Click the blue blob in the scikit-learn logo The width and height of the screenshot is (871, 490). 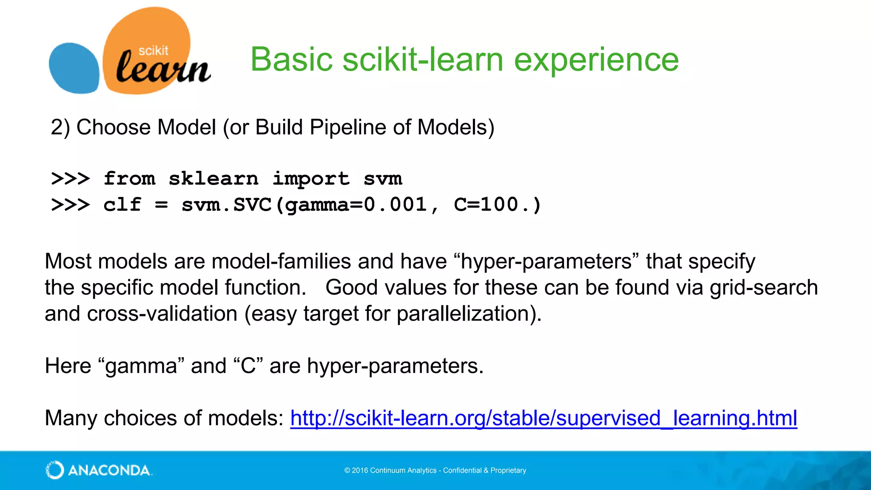click(x=74, y=68)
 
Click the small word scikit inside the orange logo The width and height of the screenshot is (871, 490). click(x=153, y=51)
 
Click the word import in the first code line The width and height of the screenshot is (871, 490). click(x=311, y=179)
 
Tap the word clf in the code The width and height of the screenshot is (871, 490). click(x=122, y=205)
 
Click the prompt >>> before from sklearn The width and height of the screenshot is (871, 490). click(x=71, y=179)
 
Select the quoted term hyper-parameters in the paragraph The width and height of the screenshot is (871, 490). click(x=546, y=261)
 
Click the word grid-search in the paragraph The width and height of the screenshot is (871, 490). click(x=763, y=288)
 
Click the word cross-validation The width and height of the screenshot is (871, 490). click(x=162, y=314)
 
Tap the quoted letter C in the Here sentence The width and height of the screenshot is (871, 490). click(x=248, y=366)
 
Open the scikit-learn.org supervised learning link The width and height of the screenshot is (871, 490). click(x=544, y=418)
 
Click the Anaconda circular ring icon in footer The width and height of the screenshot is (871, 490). click(x=55, y=470)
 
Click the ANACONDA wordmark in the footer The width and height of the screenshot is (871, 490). click(x=109, y=470)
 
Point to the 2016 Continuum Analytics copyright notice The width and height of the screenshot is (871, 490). click(x=435, y=470)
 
